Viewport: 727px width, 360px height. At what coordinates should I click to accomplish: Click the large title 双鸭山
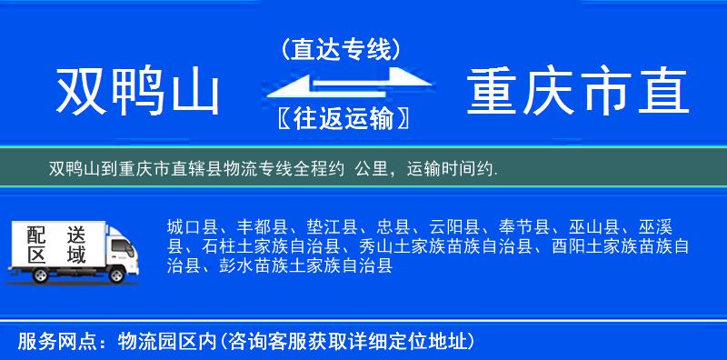[x=139, y=94]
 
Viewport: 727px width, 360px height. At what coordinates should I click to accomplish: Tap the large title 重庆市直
[x=578, y=94]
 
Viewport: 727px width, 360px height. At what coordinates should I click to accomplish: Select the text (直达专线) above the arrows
[x=341, y=49]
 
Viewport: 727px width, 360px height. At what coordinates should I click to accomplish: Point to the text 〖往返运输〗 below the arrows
[x=341, y=119]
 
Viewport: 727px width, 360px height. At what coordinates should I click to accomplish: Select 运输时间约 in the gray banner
[x=449, y=168]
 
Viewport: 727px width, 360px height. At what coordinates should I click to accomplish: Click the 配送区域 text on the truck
[x=51, y=245]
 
